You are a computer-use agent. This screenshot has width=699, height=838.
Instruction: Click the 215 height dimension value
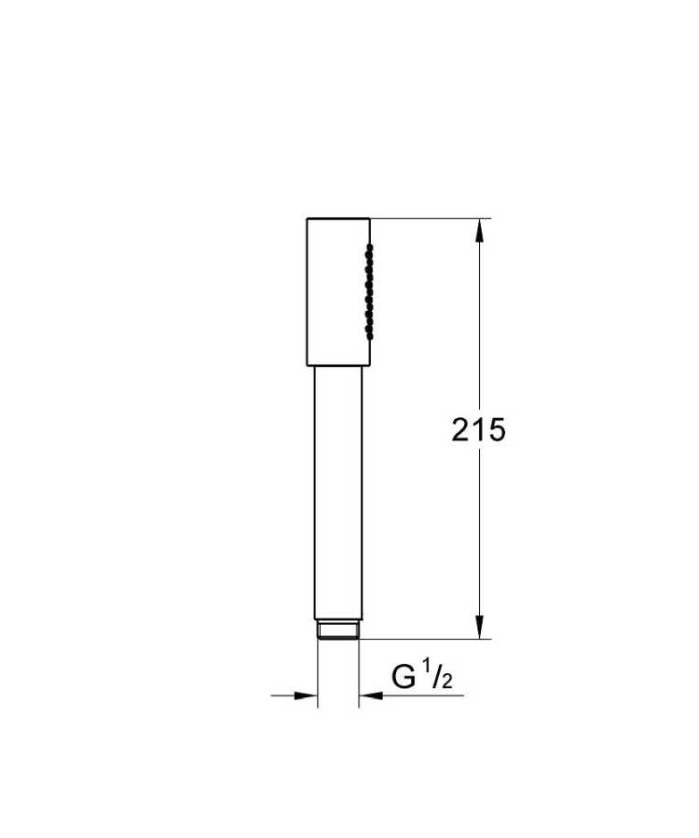pyautogui.click(x=478, y=430)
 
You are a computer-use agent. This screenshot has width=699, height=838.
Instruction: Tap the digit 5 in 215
pyautogui.click(x=496, y=430)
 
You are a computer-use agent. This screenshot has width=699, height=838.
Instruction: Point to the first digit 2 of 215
pyautogui.click(x=461, y=430)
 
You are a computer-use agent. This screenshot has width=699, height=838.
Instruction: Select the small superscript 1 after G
pyautogui.click(x=428, y=670)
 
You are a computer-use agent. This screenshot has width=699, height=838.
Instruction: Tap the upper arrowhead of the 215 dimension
pyautogui.click(x=480, y=231)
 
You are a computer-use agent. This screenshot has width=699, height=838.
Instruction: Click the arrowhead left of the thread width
pyautogui.click(x=307, y=695)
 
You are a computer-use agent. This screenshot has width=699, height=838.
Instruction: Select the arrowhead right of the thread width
pyautogui.click(x=370, y=695)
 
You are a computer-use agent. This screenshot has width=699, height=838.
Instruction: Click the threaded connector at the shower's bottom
pyautogui.click(x=338, y=630)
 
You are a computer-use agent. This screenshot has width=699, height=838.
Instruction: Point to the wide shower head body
pyautogui.click(x=337, y=291)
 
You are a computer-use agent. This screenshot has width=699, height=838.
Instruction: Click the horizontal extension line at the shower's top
pyautogui.click(x=429, y=219)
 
